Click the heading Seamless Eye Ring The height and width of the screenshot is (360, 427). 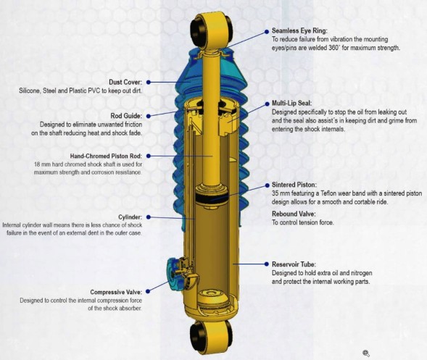[x=299, y=30]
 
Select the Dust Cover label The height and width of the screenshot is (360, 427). [x=125, y=82]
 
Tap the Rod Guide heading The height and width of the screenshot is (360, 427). [x=126, y=116]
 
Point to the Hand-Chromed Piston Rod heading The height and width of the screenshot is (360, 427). [x=106, y=156]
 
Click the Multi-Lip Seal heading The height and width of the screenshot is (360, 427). [x=292, y=103]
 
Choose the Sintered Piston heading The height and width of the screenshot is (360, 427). [x=294, y=185]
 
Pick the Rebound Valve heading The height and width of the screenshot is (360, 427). [x=294, y=214]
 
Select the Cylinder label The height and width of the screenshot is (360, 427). [x=130, y=217]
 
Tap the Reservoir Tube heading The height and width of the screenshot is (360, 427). [x=294, y=264]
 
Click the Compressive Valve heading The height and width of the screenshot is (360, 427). [x=116, y=292]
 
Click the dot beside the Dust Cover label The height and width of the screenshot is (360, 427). [x=149, y=82]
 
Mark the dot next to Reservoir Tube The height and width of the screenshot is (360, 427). [x=267, y=264]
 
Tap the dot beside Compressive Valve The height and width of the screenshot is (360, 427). [x=148, y=291]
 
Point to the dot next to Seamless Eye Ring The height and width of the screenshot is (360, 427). [x=267, y=32]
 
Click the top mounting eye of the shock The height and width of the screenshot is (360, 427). [x=212, y=30]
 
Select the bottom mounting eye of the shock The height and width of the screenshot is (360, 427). [x=211, y=337]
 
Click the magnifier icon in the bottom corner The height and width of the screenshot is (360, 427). [x=366, y=353]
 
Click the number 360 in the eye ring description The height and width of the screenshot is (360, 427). [x=333, y=48]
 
